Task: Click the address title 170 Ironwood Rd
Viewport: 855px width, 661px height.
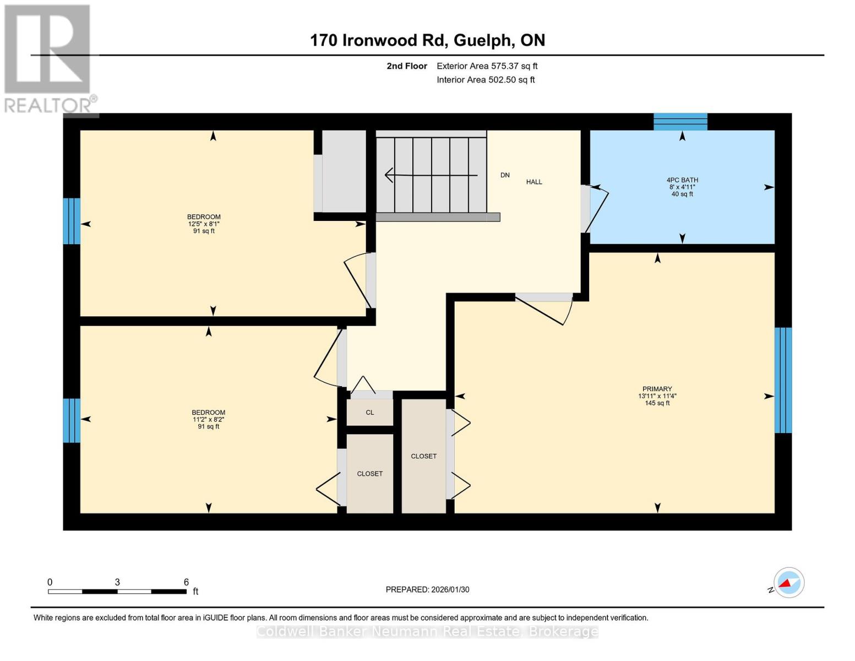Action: point(427,40)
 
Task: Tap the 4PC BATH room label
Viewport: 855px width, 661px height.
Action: point(682,180)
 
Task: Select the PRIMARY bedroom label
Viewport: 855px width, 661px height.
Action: point(657,389)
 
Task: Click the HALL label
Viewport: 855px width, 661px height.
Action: point(534,182)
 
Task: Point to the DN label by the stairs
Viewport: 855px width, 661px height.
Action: point(505,175)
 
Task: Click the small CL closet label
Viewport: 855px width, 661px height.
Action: point(370,413)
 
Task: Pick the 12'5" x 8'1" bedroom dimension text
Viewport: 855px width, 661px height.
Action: point(204,224)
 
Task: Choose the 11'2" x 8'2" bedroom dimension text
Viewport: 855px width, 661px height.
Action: point(208,420)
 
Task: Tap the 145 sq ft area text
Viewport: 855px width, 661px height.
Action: point(657,403)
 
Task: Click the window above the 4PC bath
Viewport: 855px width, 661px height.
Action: point(680,122)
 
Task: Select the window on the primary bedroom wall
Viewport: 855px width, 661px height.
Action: point(783,380)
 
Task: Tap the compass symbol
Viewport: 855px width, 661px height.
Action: point(788,583)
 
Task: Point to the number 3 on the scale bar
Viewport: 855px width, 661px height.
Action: point(117,582)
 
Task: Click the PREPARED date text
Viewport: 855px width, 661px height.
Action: point(427,589)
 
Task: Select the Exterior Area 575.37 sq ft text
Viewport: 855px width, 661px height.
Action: point(487,66)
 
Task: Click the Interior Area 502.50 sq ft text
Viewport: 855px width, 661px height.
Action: point(486,80)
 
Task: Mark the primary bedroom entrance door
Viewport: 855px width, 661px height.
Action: point(545,308)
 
